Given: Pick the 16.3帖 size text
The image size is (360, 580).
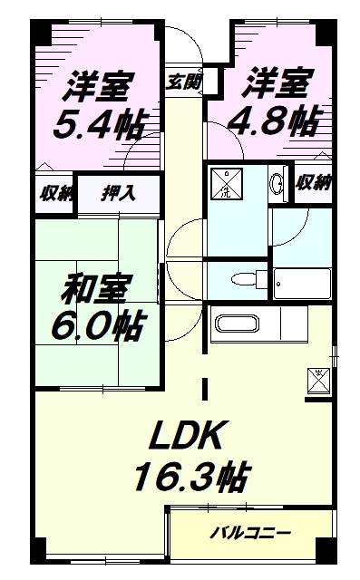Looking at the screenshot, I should coord(191,477).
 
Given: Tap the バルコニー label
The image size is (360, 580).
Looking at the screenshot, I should coord(251,533).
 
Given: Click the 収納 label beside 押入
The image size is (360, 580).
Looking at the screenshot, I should coord(53,192).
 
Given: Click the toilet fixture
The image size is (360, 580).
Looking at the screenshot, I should coord(241,278).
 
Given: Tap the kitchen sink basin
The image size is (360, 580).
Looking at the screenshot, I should coord(233,324).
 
